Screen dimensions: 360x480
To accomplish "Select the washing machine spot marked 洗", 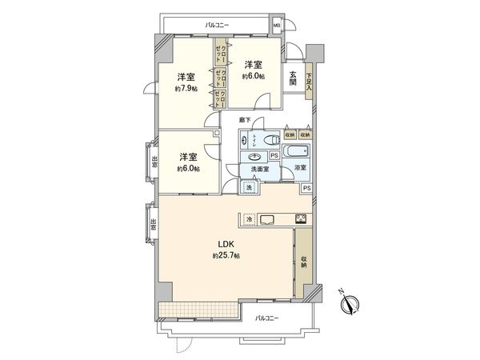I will [248, 187].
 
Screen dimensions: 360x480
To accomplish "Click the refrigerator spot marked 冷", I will [249, 219].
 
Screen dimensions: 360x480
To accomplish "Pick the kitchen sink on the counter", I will [267, 219].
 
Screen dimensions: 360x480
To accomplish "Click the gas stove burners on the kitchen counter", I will [301, 219].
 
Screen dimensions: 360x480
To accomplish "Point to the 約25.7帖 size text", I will [226, 256].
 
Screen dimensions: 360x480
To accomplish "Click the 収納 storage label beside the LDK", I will [305, 262].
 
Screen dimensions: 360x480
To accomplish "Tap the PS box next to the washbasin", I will [274, 155].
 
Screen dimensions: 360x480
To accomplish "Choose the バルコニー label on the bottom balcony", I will [267, 318].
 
